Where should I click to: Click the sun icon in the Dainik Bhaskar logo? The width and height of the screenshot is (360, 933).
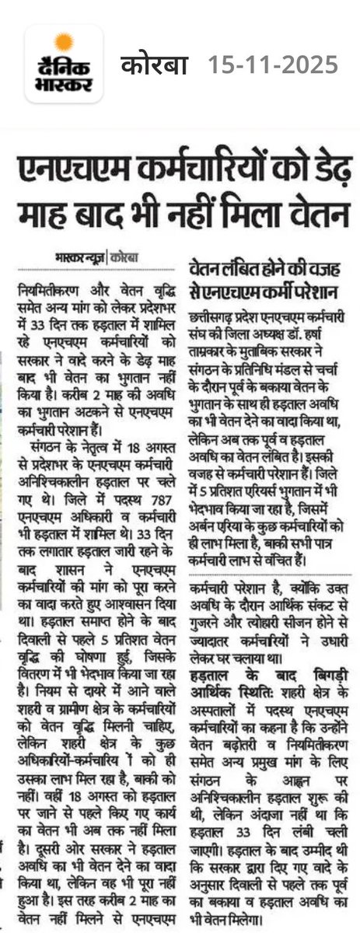tap(64, 41)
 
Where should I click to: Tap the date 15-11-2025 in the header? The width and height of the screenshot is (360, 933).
tap(271, 64)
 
